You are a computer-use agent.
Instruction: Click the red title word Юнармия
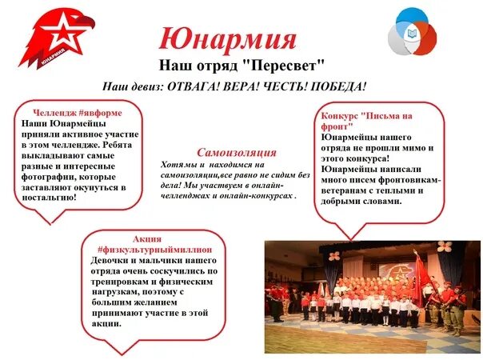[228, 38]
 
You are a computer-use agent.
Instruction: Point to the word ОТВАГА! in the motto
[198, 86]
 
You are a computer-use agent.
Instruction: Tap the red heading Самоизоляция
[236, 152]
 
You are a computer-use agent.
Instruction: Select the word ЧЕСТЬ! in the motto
[290, 86]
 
